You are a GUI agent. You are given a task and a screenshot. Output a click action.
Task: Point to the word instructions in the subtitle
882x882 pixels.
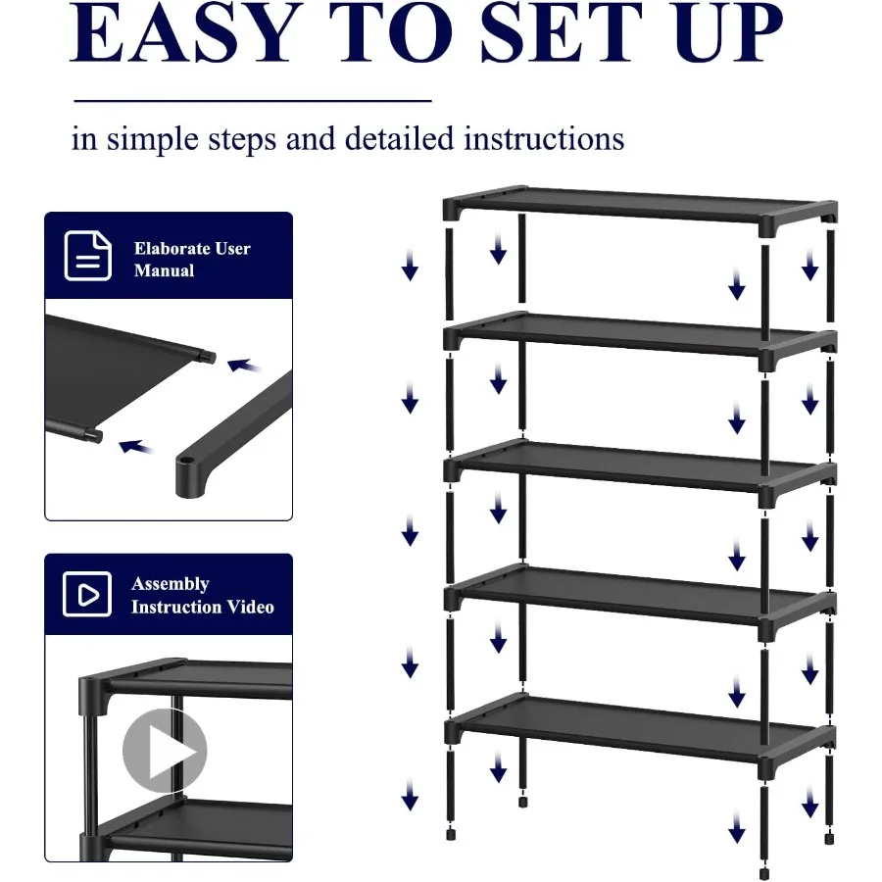pos(544,138)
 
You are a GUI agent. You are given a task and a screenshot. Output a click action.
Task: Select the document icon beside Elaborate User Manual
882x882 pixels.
pos(87,256)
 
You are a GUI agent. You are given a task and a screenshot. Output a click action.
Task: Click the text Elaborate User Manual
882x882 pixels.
pos(192,259)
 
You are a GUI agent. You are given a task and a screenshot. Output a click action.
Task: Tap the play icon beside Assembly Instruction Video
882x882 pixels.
pos(87,595)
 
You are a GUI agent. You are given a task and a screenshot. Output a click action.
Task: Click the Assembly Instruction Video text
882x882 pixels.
pos(202,595)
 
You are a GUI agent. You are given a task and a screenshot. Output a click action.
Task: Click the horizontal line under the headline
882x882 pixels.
pos(253,100)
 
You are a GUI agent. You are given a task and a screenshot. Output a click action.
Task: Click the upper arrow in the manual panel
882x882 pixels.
pos(245,367)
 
